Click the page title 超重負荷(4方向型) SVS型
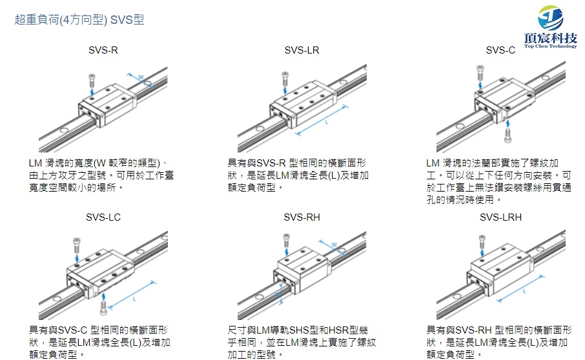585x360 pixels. coord(79,20)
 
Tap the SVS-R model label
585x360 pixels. coord(103,50)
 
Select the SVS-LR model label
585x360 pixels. coord(302,50)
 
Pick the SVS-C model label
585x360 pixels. coord(500,50)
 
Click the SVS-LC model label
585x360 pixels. coord(103,217)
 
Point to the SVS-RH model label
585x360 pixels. coord(302,217)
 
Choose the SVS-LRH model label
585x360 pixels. coord(500,217)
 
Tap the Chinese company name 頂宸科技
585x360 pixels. coord(550,37)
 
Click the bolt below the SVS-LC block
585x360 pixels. coord(104,298)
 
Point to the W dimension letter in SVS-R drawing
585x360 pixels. coord(140,77)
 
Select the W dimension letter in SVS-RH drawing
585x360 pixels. coord(334,245)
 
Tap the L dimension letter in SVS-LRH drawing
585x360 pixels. coord(524,290)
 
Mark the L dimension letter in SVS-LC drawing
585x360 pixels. coord(133,298)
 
